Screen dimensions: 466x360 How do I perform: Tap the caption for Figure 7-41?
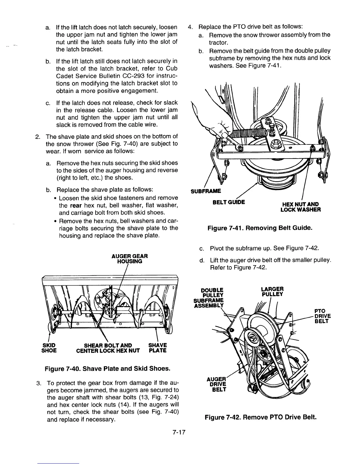click(x=259, y=228)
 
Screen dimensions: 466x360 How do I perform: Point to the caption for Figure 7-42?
click(x=260, y=417)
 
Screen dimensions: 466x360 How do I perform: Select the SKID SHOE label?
click(x=49, y=348)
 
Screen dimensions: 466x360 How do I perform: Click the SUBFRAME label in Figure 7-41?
click(x=206, y=191)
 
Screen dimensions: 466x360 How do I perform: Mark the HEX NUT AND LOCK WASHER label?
click(x=301, y=207)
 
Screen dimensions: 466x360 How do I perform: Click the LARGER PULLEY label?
click(x=272, y=291)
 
